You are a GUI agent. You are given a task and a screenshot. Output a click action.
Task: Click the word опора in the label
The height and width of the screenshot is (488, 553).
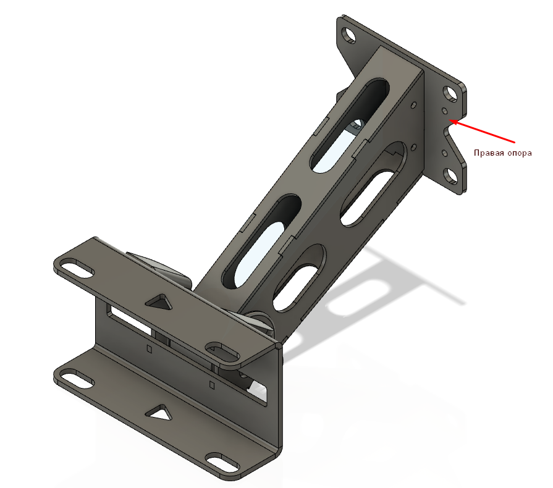(520, 153)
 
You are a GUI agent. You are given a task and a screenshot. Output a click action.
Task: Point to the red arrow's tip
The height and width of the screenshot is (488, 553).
(449, 120)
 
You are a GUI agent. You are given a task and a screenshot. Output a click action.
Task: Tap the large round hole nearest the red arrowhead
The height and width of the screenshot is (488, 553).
(450, 94)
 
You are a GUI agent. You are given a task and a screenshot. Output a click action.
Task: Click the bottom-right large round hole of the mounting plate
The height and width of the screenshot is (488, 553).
(450, 176)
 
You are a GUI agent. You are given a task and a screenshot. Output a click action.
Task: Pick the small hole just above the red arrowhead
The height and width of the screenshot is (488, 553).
(445, 111)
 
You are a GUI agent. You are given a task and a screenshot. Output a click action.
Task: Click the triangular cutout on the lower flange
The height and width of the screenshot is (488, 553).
(159, 413)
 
